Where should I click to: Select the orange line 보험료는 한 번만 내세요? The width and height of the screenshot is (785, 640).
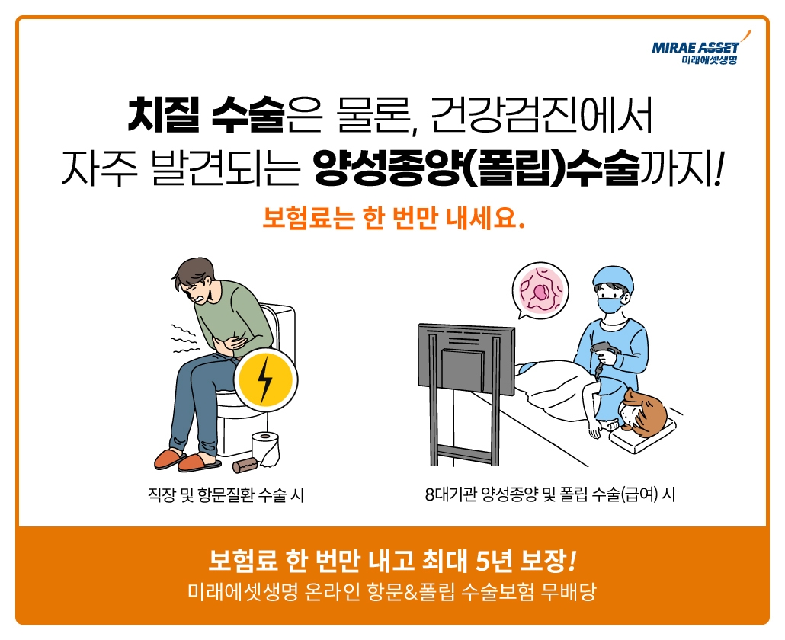[x=393, y=219]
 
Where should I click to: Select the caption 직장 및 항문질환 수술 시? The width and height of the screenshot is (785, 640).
[x=226, y=495]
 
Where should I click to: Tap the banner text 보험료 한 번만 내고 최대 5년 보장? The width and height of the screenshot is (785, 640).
[x=392, y=563]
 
